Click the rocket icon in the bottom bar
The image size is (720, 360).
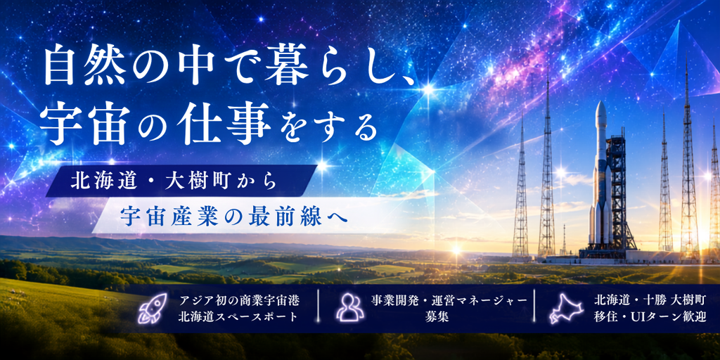pyautogui.click(x=153, y=308)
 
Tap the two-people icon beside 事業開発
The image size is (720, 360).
pyautogui.click(x=349, y=307)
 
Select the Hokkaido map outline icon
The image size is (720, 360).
pyautogui.click(x=565, y=308)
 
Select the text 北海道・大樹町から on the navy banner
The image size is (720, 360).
pyautogui.click(x=173, y=181)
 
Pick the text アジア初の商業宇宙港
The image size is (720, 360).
pyautogui.click(x=239, y=301)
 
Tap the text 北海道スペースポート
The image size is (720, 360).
pyautogui.click(x=239, y=317)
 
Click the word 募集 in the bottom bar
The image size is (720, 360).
pyautogui.click(x=437, y=317)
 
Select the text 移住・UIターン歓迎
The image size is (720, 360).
pyautogui.click(x=649, y=317)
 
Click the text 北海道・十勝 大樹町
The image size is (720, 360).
pyautogui.click(x=649, y=301)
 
